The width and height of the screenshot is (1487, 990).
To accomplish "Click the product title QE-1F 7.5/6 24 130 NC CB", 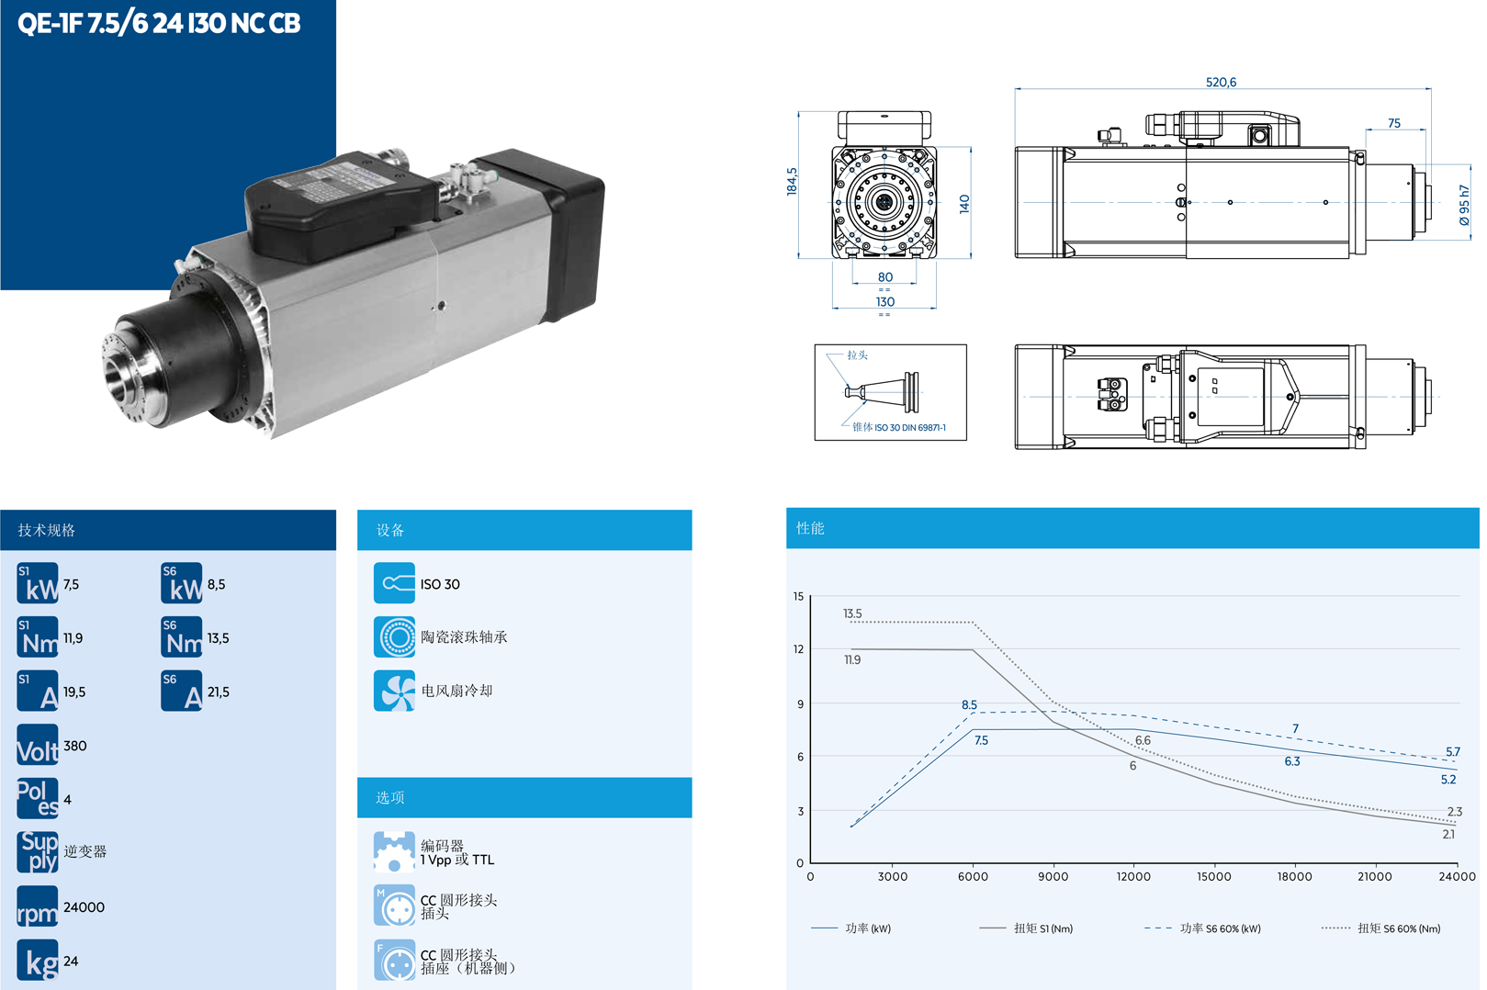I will (159, 23).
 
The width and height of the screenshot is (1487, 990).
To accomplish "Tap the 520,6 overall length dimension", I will (1220, 82).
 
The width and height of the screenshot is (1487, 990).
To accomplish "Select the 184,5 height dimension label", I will (792, 182).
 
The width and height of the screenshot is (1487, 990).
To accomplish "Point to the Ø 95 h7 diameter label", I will (1464, 205).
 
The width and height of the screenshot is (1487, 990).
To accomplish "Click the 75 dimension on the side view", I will (1393, 123).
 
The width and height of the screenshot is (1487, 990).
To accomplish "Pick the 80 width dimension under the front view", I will (884, 276).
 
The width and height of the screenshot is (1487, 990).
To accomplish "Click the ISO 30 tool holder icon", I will (394, 583).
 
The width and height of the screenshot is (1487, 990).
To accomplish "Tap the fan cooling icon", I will (394, 691).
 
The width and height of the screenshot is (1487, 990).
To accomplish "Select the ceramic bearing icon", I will (394, 637).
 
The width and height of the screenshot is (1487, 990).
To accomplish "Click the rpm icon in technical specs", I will (37, 906).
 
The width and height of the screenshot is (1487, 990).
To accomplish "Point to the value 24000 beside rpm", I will (84, 907).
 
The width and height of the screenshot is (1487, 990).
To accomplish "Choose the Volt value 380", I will (75, 746).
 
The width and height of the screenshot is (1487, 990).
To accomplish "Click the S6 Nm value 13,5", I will (218, 638).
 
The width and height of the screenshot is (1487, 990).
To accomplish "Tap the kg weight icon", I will (37, 961).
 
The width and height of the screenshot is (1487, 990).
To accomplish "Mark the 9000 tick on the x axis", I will (1053, 876).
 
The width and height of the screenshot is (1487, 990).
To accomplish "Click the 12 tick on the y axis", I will (798, 649).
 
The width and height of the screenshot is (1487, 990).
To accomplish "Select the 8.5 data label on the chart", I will (969, 704).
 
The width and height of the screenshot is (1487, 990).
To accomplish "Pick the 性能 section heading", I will (810, 528).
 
